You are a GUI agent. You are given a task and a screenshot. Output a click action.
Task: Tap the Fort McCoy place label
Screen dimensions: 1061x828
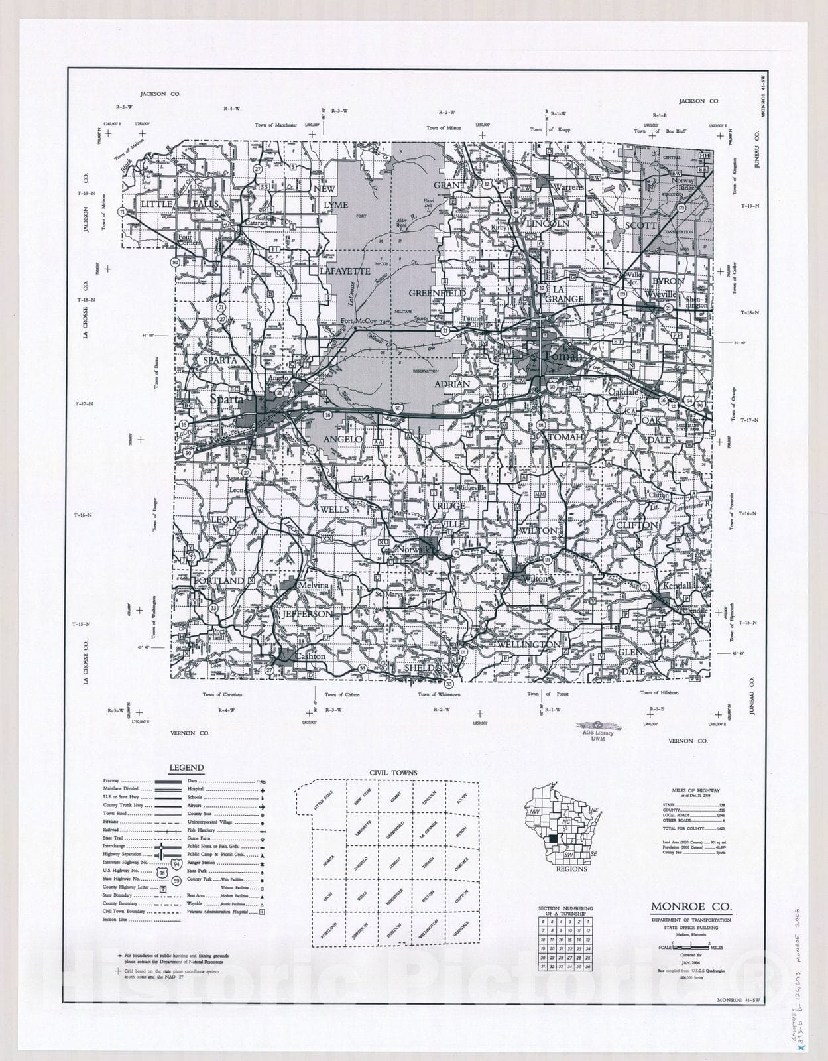pyautogui.click(x=358, y=322)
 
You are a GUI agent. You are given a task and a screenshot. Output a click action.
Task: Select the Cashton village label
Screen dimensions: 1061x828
pyautogui.click(x=310, y=656)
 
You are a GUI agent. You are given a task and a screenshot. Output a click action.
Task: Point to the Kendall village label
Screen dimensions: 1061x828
pyautogui.click(x=676, y=587)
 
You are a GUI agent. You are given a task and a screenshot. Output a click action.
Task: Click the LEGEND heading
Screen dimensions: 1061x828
pyautogui.click(x=186, y=768)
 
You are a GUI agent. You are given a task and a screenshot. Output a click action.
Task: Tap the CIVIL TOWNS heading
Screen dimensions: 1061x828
pyautogui.click(x=394, y=773)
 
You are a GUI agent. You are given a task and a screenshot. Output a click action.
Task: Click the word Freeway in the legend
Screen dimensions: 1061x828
pyautogui.click(x=111, y=781)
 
